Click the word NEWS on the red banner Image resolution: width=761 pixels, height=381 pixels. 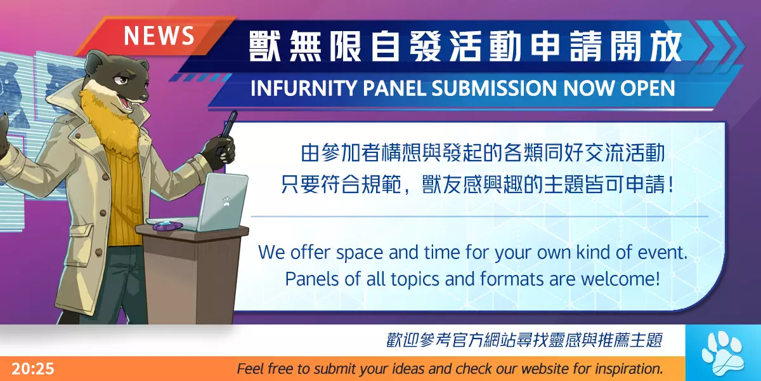coord(159,36)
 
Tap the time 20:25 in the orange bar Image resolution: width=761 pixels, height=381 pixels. coord(33,369)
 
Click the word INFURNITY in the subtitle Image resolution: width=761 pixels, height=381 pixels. coord(304,88)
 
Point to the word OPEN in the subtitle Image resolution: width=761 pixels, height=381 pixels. coord(647,88)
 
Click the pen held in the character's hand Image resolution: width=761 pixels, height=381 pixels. coord(228,130)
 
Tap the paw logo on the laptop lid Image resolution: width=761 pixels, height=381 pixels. coord(226,201)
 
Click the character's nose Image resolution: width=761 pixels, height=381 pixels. coord(145,97)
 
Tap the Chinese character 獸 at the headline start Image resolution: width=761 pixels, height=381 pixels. coord(264,46)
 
